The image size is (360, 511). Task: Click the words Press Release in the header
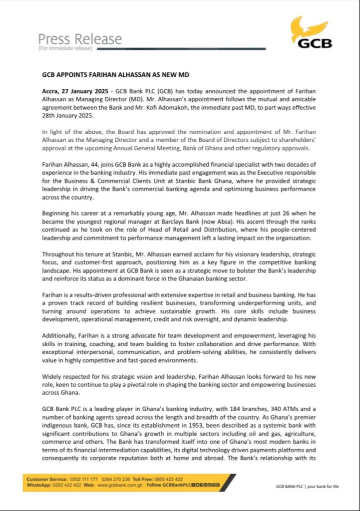point(80,38)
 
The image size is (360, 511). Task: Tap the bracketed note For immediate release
point(65,48)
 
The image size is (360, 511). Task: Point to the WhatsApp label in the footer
point(39,485)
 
